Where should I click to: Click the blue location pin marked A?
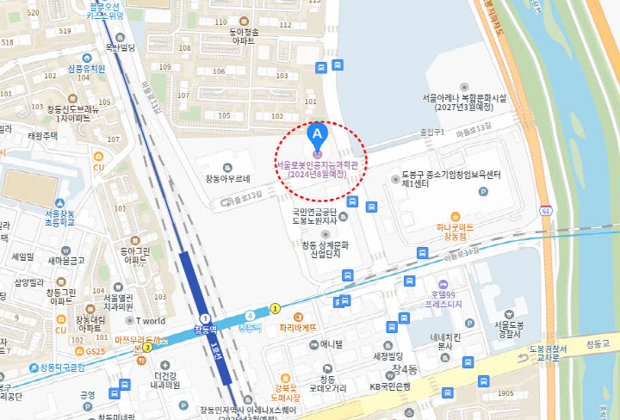point(317,134)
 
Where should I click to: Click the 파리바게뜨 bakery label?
point(299,328)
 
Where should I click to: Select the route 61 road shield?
point(546,210)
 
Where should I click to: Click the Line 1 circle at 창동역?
point(205,319)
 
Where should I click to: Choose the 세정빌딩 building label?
point(388,355)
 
